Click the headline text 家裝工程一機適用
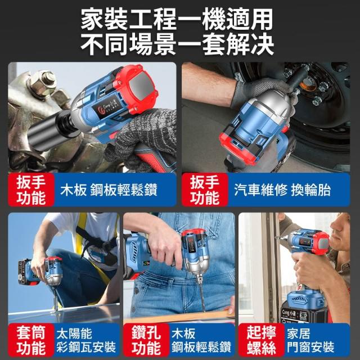click(x=177, y=19)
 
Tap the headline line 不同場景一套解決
click(x=177, y=44)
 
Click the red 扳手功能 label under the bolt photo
click(x=31, y=190)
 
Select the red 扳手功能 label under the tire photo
click(x=205, y=190)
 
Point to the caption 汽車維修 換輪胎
click(x=282, y=190)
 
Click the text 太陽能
click(x=74, y=334)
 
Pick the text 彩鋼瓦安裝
click(x=86, y=347)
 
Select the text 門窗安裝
click(x=310, y=347)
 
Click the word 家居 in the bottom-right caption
click(x=299, y=334)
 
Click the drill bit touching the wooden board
click(x=201, y=294)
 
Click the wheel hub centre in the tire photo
click(x=308, y=84)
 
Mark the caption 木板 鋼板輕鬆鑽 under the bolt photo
click(x=109, y=190)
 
